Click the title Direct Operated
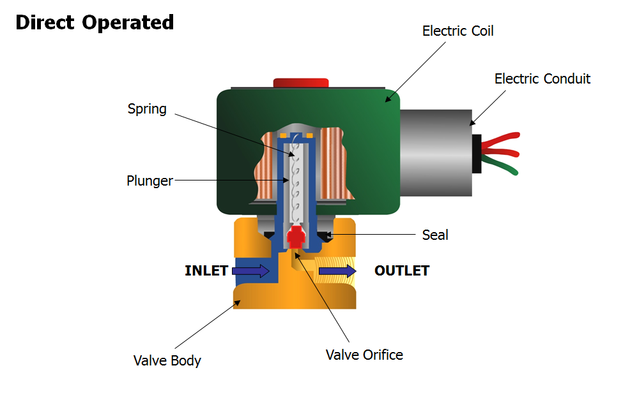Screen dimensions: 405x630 tap(95, 23)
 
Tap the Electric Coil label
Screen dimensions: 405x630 tap(457, 31)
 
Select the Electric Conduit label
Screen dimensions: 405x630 tap(542, 79)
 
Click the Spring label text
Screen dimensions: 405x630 tap(147, 109)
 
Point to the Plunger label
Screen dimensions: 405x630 tap(150, 181)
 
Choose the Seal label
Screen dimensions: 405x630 tap(435, 235)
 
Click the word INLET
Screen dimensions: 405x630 tap(206, 270)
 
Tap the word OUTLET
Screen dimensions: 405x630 tap(402, 270)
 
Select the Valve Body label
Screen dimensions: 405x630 tap(167, 360)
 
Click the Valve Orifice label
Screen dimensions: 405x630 tap(364, 355)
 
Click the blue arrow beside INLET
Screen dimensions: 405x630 tap(250, 271)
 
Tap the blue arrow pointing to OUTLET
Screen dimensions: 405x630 tap(337, 271)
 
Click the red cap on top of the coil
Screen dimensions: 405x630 tap(300, 82)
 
